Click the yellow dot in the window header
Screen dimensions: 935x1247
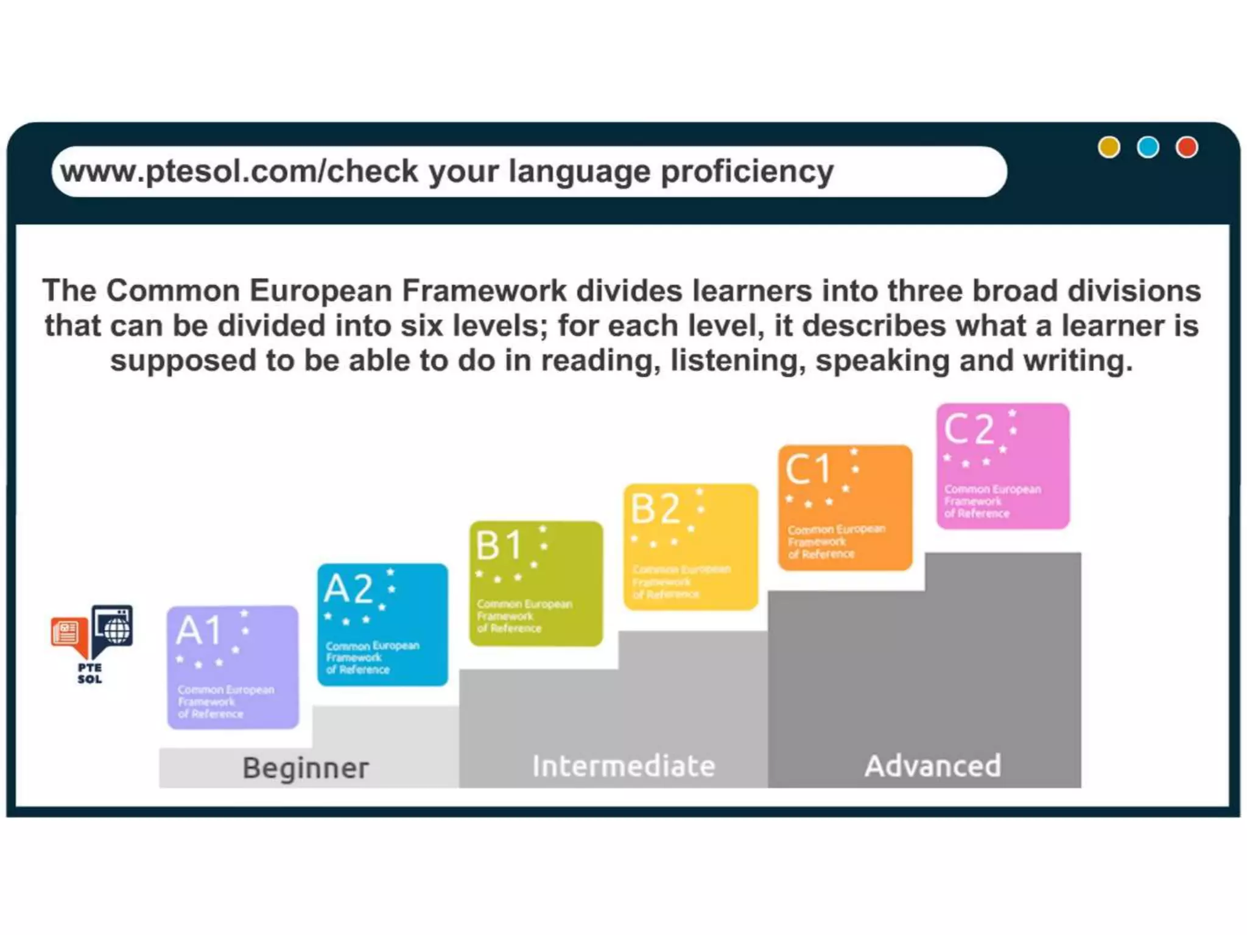click(x=1108, y=147)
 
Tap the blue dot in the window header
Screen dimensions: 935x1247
click(x=1148, y=147)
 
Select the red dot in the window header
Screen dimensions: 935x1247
click(x=1187, y=147)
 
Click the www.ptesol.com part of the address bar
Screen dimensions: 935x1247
click(x=189, y=171)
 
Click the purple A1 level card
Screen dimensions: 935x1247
click(x=233, y=667)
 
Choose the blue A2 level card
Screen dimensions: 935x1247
click(x=382, y=625)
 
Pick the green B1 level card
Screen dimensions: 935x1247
click(x=536, y=583)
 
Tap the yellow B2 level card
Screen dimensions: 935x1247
click(x=690, y=547)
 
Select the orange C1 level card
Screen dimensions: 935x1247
click(x=845, y=507)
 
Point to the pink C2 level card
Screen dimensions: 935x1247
click(x=1003, y=466)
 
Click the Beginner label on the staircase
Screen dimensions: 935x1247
click(x=306, y=768)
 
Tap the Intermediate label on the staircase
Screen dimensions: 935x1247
click(x=623, y=766)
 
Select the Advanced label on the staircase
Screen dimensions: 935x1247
click(x=933, y=766)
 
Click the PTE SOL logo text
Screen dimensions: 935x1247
click(x=90, y=673)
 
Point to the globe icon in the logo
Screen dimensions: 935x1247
click(x=116, y=628)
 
